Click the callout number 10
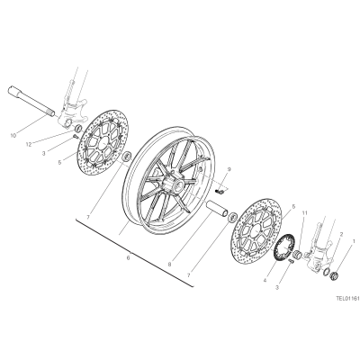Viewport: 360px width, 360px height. [13, 135]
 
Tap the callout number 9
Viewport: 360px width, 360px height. [229, 169]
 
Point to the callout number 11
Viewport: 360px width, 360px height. [305, 213]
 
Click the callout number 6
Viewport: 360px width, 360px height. [128, 257]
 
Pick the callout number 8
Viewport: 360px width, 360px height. [169, 265]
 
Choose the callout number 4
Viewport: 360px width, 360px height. [265, 281]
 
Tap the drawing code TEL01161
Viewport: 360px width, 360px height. [347, 299]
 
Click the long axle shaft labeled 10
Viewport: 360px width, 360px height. [31, 102]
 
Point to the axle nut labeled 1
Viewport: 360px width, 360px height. [334, 275]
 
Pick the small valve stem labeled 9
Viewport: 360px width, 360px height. [220, 191]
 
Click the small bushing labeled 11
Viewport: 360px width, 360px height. [297, 254]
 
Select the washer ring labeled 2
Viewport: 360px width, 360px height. [325, 272]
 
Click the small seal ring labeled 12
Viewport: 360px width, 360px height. [78, 129]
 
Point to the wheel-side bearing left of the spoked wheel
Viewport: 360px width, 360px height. [127, 156]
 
